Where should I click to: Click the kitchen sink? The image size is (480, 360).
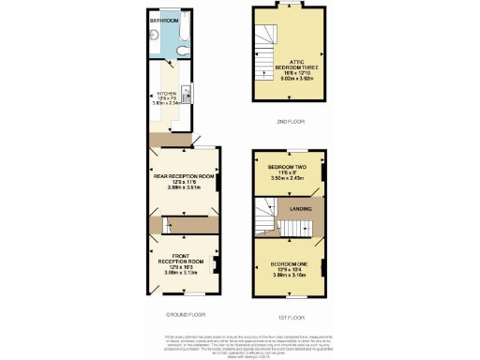pyautogui.click(x=187, y=94)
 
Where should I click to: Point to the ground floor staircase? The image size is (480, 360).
pyautogui.click(x=174, y=225)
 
